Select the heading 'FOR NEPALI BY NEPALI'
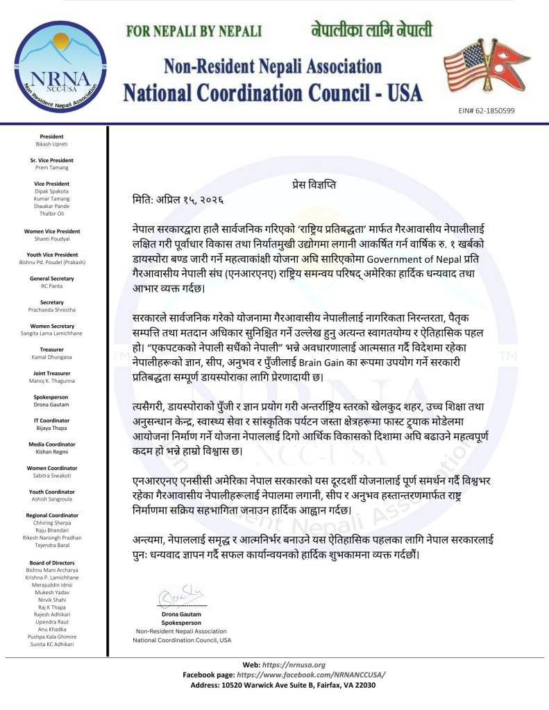tap(195, 32)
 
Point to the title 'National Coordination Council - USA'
tap(272, 91)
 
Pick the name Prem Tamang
tap(51, 166)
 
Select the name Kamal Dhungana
tap(51, 356)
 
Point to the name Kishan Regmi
tap(51, 452)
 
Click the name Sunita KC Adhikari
tap(51, 644)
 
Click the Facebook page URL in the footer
tap(311, 675)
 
